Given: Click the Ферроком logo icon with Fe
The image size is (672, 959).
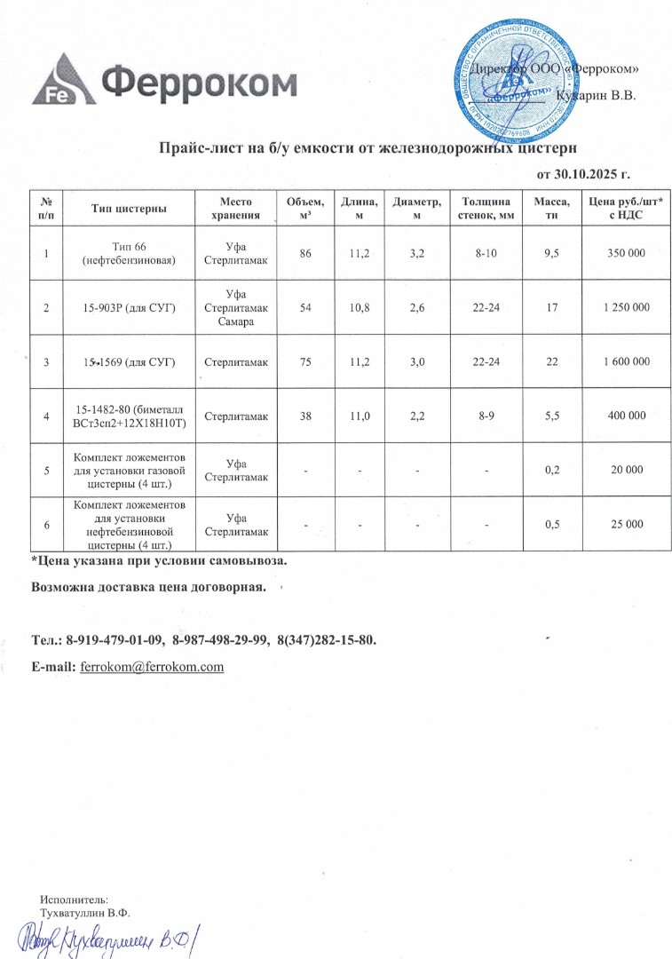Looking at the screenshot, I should coord(61,82).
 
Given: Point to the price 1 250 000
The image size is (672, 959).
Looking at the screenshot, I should coord(621,307).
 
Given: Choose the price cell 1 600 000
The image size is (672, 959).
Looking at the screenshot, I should coord(621,361).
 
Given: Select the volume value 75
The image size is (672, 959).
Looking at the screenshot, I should coord(305,361).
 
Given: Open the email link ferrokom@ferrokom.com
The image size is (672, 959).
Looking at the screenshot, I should coord(152,666).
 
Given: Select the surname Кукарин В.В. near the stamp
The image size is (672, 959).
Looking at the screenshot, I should coord(596,95).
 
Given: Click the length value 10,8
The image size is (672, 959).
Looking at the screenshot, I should coord(360,307).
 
